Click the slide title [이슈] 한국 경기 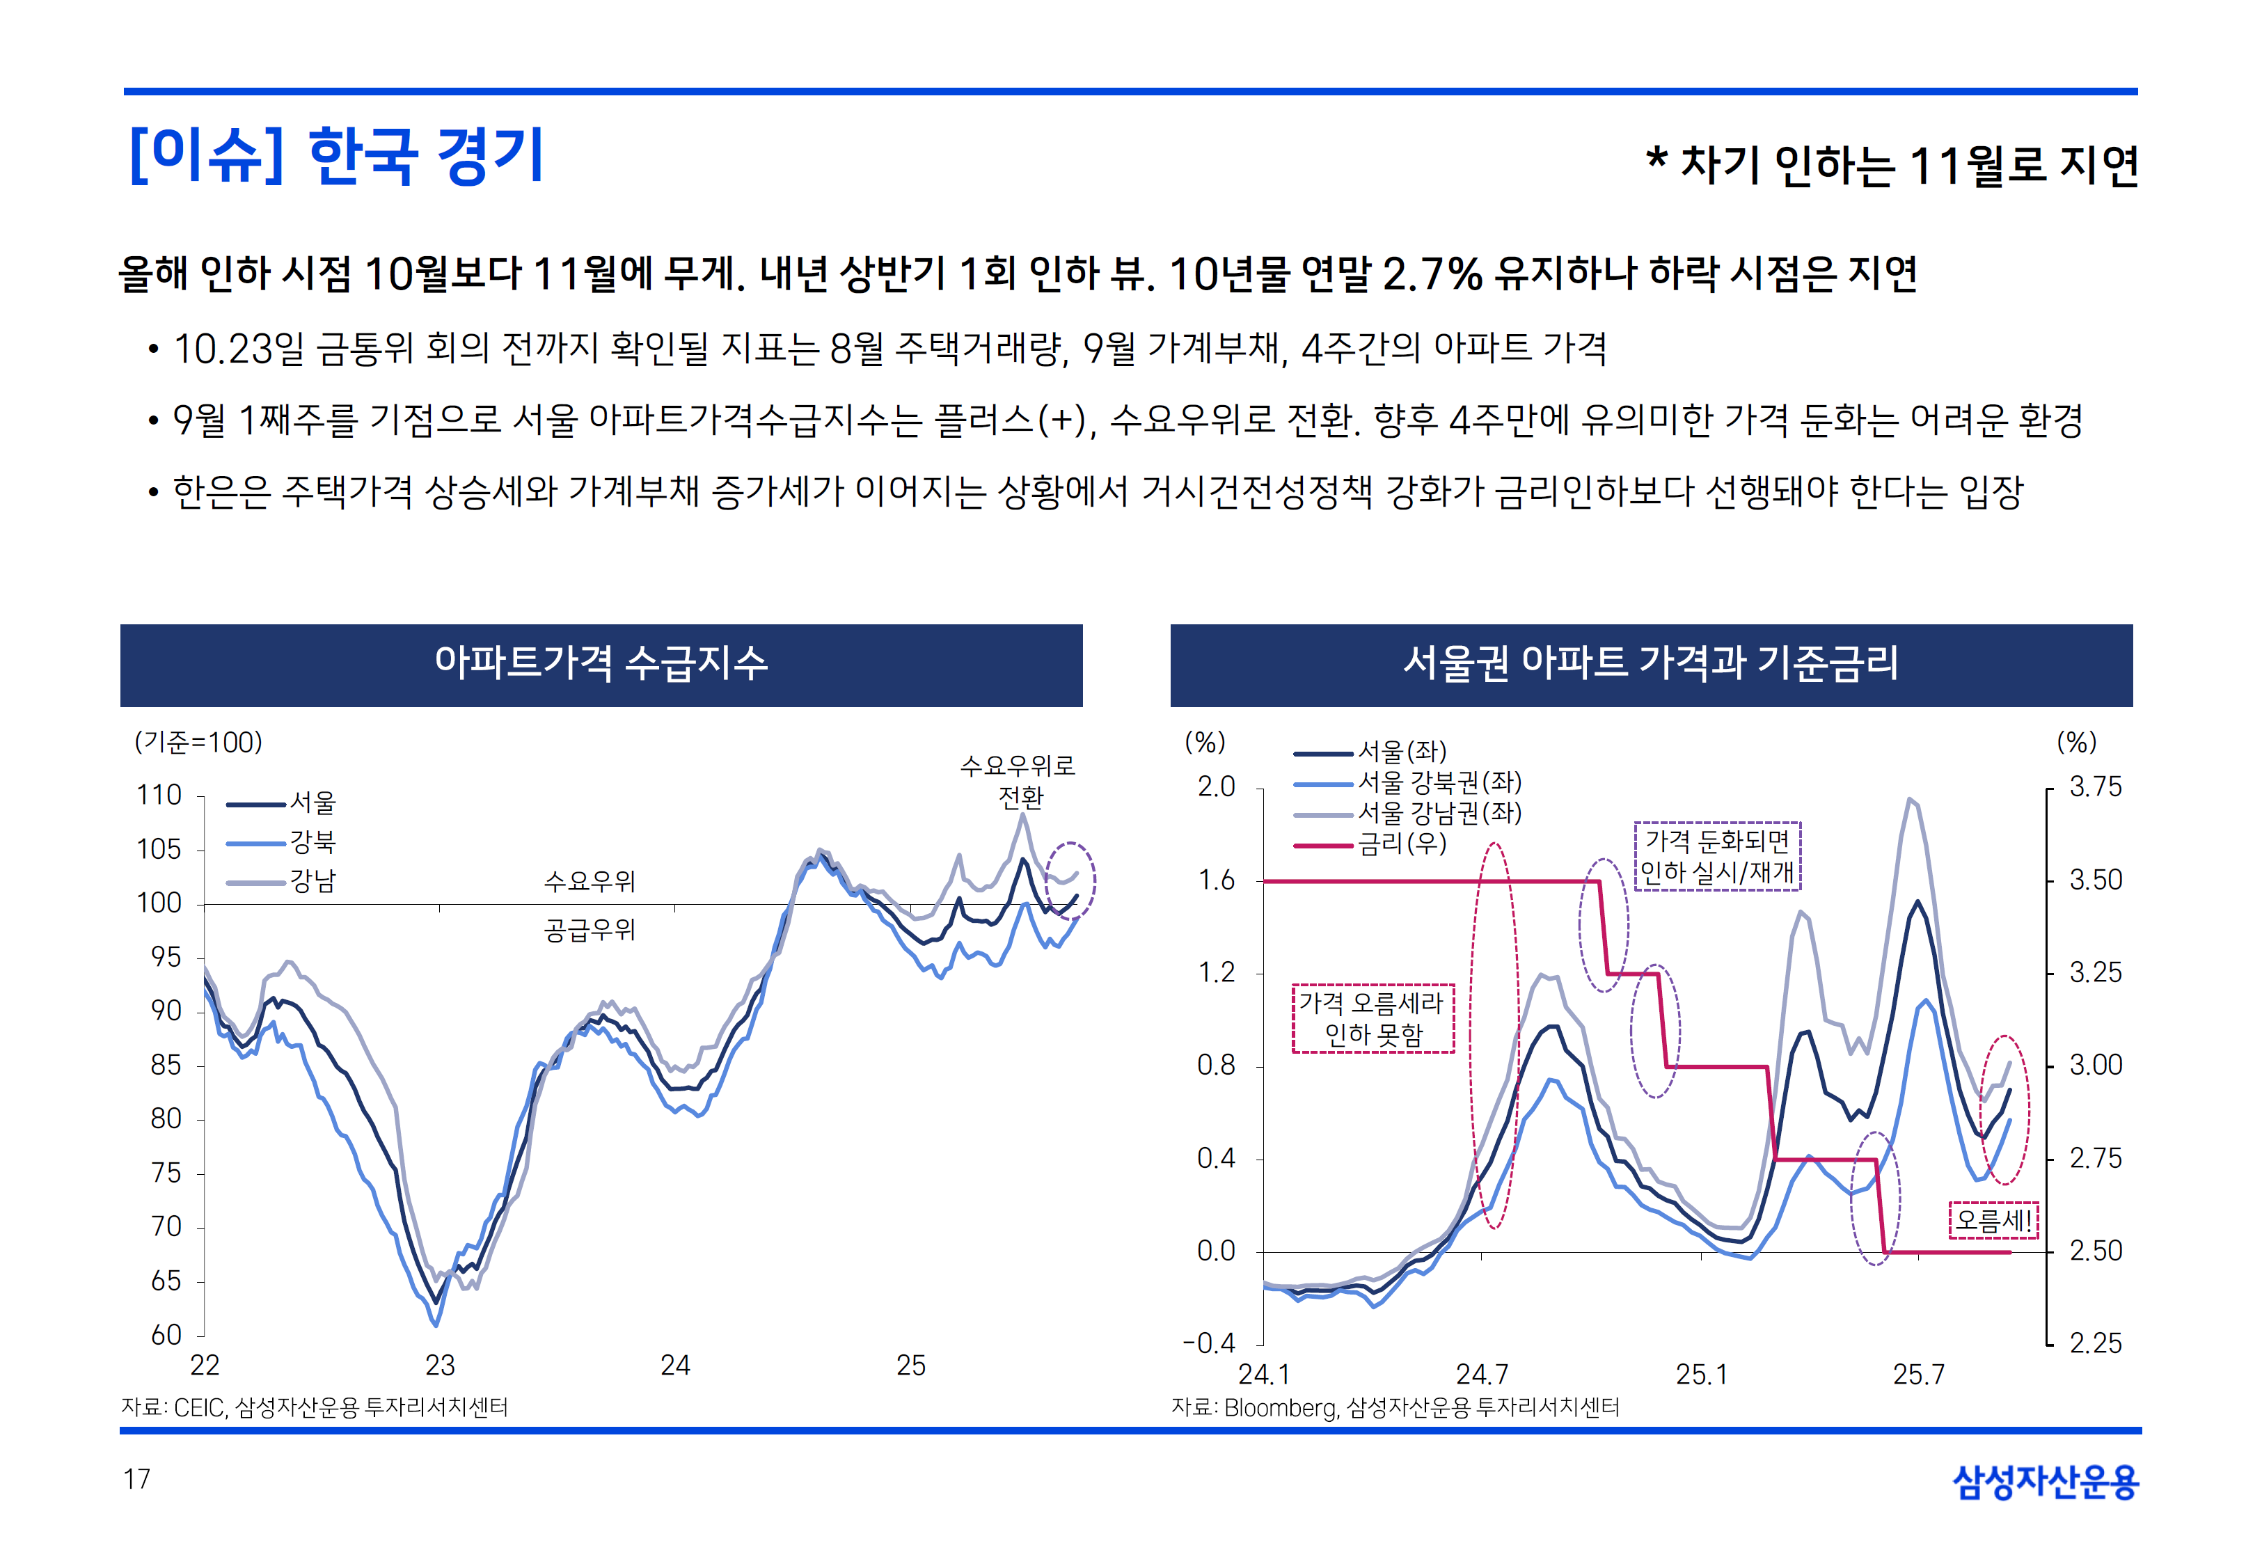[336, 155]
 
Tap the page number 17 [136, 1479]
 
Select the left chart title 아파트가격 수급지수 [601, 664]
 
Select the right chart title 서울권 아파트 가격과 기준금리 [1650, 664]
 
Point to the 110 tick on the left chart [159, 795]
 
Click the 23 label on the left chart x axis [439, 1365]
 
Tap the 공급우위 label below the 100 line [590, 929]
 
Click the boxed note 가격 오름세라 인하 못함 [1373, 1018]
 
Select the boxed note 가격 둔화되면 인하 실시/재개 [1716, 855]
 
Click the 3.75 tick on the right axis [2095, 787]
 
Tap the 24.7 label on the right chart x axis [1481, 1375]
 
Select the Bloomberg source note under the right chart [1395, 1408]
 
